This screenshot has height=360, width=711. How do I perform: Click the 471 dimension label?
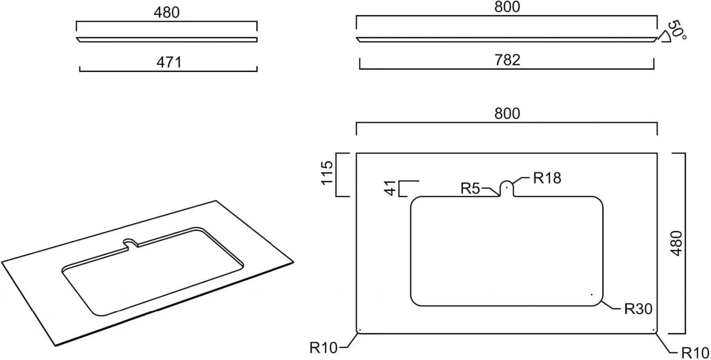pos(169,62)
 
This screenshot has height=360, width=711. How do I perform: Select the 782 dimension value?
pos(507,60)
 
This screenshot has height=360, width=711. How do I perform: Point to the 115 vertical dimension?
pos(327,173)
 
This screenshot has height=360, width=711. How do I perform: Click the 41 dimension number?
pos(390,188)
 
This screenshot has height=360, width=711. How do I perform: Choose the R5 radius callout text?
pos(470,189)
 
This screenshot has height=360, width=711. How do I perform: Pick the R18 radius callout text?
pos(547,178)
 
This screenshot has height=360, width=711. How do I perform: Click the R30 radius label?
pos(638,309)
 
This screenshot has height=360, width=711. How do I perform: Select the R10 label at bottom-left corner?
pos(323,348)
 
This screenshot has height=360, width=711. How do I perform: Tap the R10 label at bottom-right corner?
pos(695,353)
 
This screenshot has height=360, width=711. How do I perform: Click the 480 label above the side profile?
pos(167,13)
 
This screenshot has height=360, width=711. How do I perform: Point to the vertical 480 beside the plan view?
pos(677,244)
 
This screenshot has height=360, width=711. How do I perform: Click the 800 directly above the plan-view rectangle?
pos(507,114)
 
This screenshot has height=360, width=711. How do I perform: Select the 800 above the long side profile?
pos(507,7)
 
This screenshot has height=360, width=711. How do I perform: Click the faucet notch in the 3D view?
pos(130,242)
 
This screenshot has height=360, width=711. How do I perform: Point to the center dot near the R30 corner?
pos(592,295)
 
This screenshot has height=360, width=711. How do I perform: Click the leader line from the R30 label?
pos(611,305)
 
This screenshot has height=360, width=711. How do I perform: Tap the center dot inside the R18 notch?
pos(507,187)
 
